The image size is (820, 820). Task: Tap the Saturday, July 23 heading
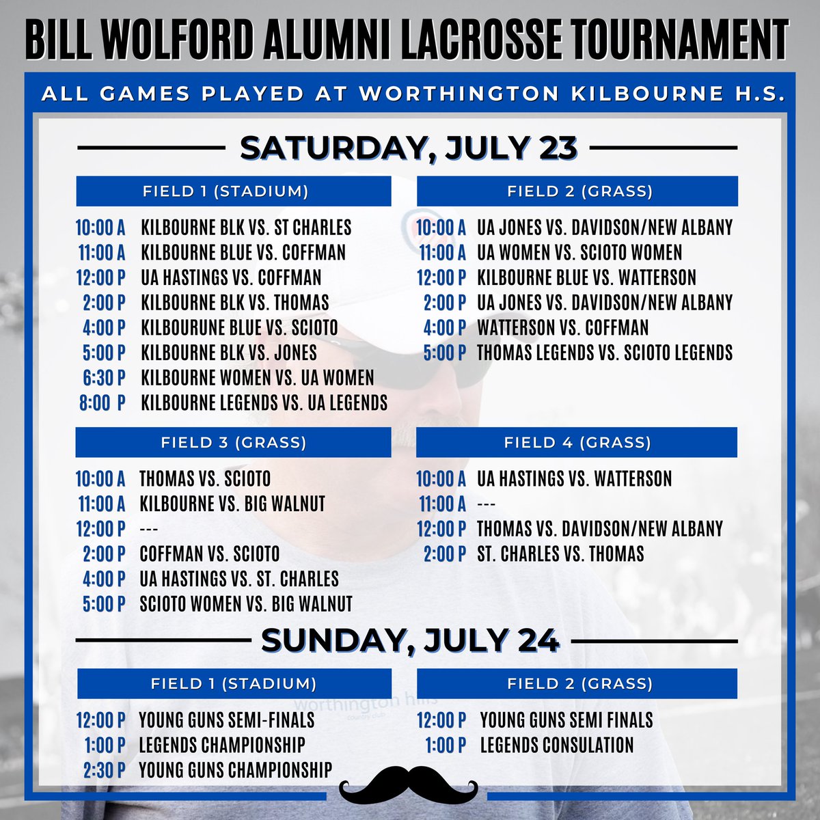tap(408, 148)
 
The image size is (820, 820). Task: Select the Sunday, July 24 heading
tap(410, 641)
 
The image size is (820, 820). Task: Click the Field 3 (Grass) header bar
tap(233, 442)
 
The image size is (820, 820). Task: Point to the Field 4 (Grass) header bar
tap(577, 442)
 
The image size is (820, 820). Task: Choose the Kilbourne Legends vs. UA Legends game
tap(264, 403)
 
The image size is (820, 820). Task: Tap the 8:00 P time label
tap(102, 403)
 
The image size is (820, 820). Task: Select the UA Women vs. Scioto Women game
tap(579, 253)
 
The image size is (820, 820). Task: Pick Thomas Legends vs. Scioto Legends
tap(604, 353)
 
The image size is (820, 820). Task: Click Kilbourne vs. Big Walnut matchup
tap(232, 504)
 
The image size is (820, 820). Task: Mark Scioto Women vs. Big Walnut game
tap(246, 604)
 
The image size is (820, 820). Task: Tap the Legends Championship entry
tap(222, 745)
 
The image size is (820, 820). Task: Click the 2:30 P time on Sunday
tap(105, 770)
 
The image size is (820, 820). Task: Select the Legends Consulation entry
tap(557, 745)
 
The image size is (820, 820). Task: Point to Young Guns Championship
tap(235, 770)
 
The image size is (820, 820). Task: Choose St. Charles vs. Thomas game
tap(560, 553)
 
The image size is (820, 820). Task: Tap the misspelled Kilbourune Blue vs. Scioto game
tap(239, 328)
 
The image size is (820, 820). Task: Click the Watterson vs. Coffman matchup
tap(562, 328)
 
